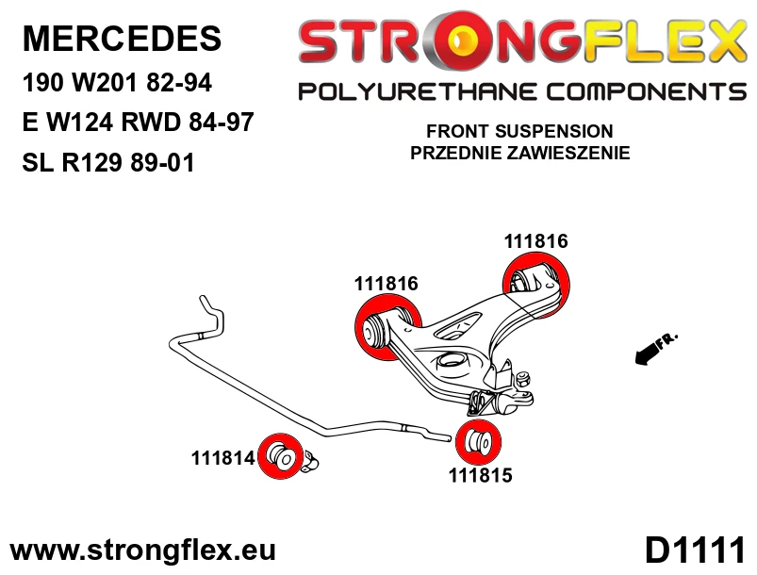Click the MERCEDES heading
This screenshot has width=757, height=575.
122,39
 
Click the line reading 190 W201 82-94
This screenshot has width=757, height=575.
117,83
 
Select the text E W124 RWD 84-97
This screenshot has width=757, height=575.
138,122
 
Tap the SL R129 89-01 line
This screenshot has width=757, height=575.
108,162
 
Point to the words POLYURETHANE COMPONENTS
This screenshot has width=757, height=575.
522,91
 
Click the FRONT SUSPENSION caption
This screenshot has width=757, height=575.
519,131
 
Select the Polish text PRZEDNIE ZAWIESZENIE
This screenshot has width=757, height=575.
520,153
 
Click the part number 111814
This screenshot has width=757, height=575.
222,458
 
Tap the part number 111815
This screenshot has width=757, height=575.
481,475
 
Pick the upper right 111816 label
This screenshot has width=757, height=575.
535,241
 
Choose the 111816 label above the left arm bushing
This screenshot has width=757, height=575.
387,284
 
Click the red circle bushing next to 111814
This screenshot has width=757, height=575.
281,456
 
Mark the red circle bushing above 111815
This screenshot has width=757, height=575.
479,442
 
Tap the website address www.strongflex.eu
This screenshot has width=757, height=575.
143,550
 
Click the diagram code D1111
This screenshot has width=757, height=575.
695,550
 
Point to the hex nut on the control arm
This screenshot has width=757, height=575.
522,379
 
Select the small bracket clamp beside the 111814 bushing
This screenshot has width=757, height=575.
310,461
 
